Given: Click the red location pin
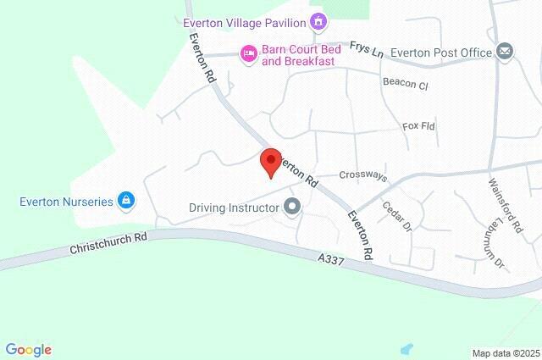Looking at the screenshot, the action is (x=270, y=160).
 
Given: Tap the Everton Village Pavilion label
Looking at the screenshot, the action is (x=244, y=22).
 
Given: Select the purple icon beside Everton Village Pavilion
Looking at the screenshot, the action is (x=318, y=20).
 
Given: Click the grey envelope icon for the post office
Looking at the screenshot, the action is (x=506, y=52).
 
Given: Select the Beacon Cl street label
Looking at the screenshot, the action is (x=406, y=86).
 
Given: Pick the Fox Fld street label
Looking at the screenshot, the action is (x=418, y=126).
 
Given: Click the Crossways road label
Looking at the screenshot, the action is (x=362, y=176).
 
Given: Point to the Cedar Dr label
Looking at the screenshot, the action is (x=395, y=216).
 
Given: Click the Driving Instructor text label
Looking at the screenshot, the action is (x=234, y=207).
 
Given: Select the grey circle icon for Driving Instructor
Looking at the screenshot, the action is (x=293, y=207).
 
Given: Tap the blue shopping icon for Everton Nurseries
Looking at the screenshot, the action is (x=126, y=201).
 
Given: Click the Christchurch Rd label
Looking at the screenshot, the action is (x=108, y=242).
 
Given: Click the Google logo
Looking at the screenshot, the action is (x=28, y=350).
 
